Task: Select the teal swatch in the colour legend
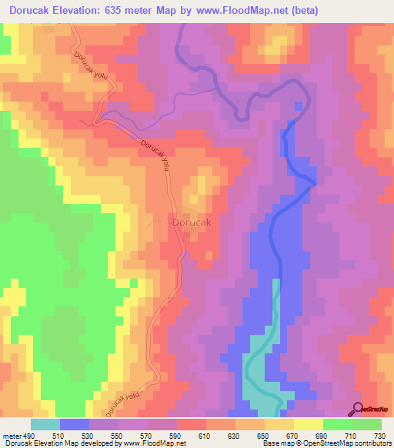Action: (x=45, y=425)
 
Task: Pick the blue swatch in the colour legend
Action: (x=75, y=425)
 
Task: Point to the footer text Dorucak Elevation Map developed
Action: (x=54, y=443)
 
